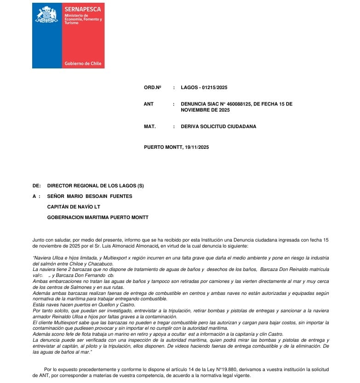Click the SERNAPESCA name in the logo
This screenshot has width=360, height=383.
click(83, 9)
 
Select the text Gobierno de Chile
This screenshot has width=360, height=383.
click(83, 63)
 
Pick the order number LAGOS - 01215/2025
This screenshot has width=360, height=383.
click(204, 88)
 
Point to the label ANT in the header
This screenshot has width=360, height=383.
click(149, 104)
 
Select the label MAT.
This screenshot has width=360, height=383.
click(149, 126)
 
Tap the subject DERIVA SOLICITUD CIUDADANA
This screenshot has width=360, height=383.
click(218, 126)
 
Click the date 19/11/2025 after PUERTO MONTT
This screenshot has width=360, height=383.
click(197, 147)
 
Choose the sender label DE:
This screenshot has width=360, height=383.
click(37, 186)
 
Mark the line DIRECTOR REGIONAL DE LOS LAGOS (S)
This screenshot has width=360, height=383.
click(96, 186)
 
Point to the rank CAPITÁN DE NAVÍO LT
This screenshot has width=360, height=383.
click(74, 207)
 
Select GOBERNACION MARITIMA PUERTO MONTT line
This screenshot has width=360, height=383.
click(98, 217)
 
